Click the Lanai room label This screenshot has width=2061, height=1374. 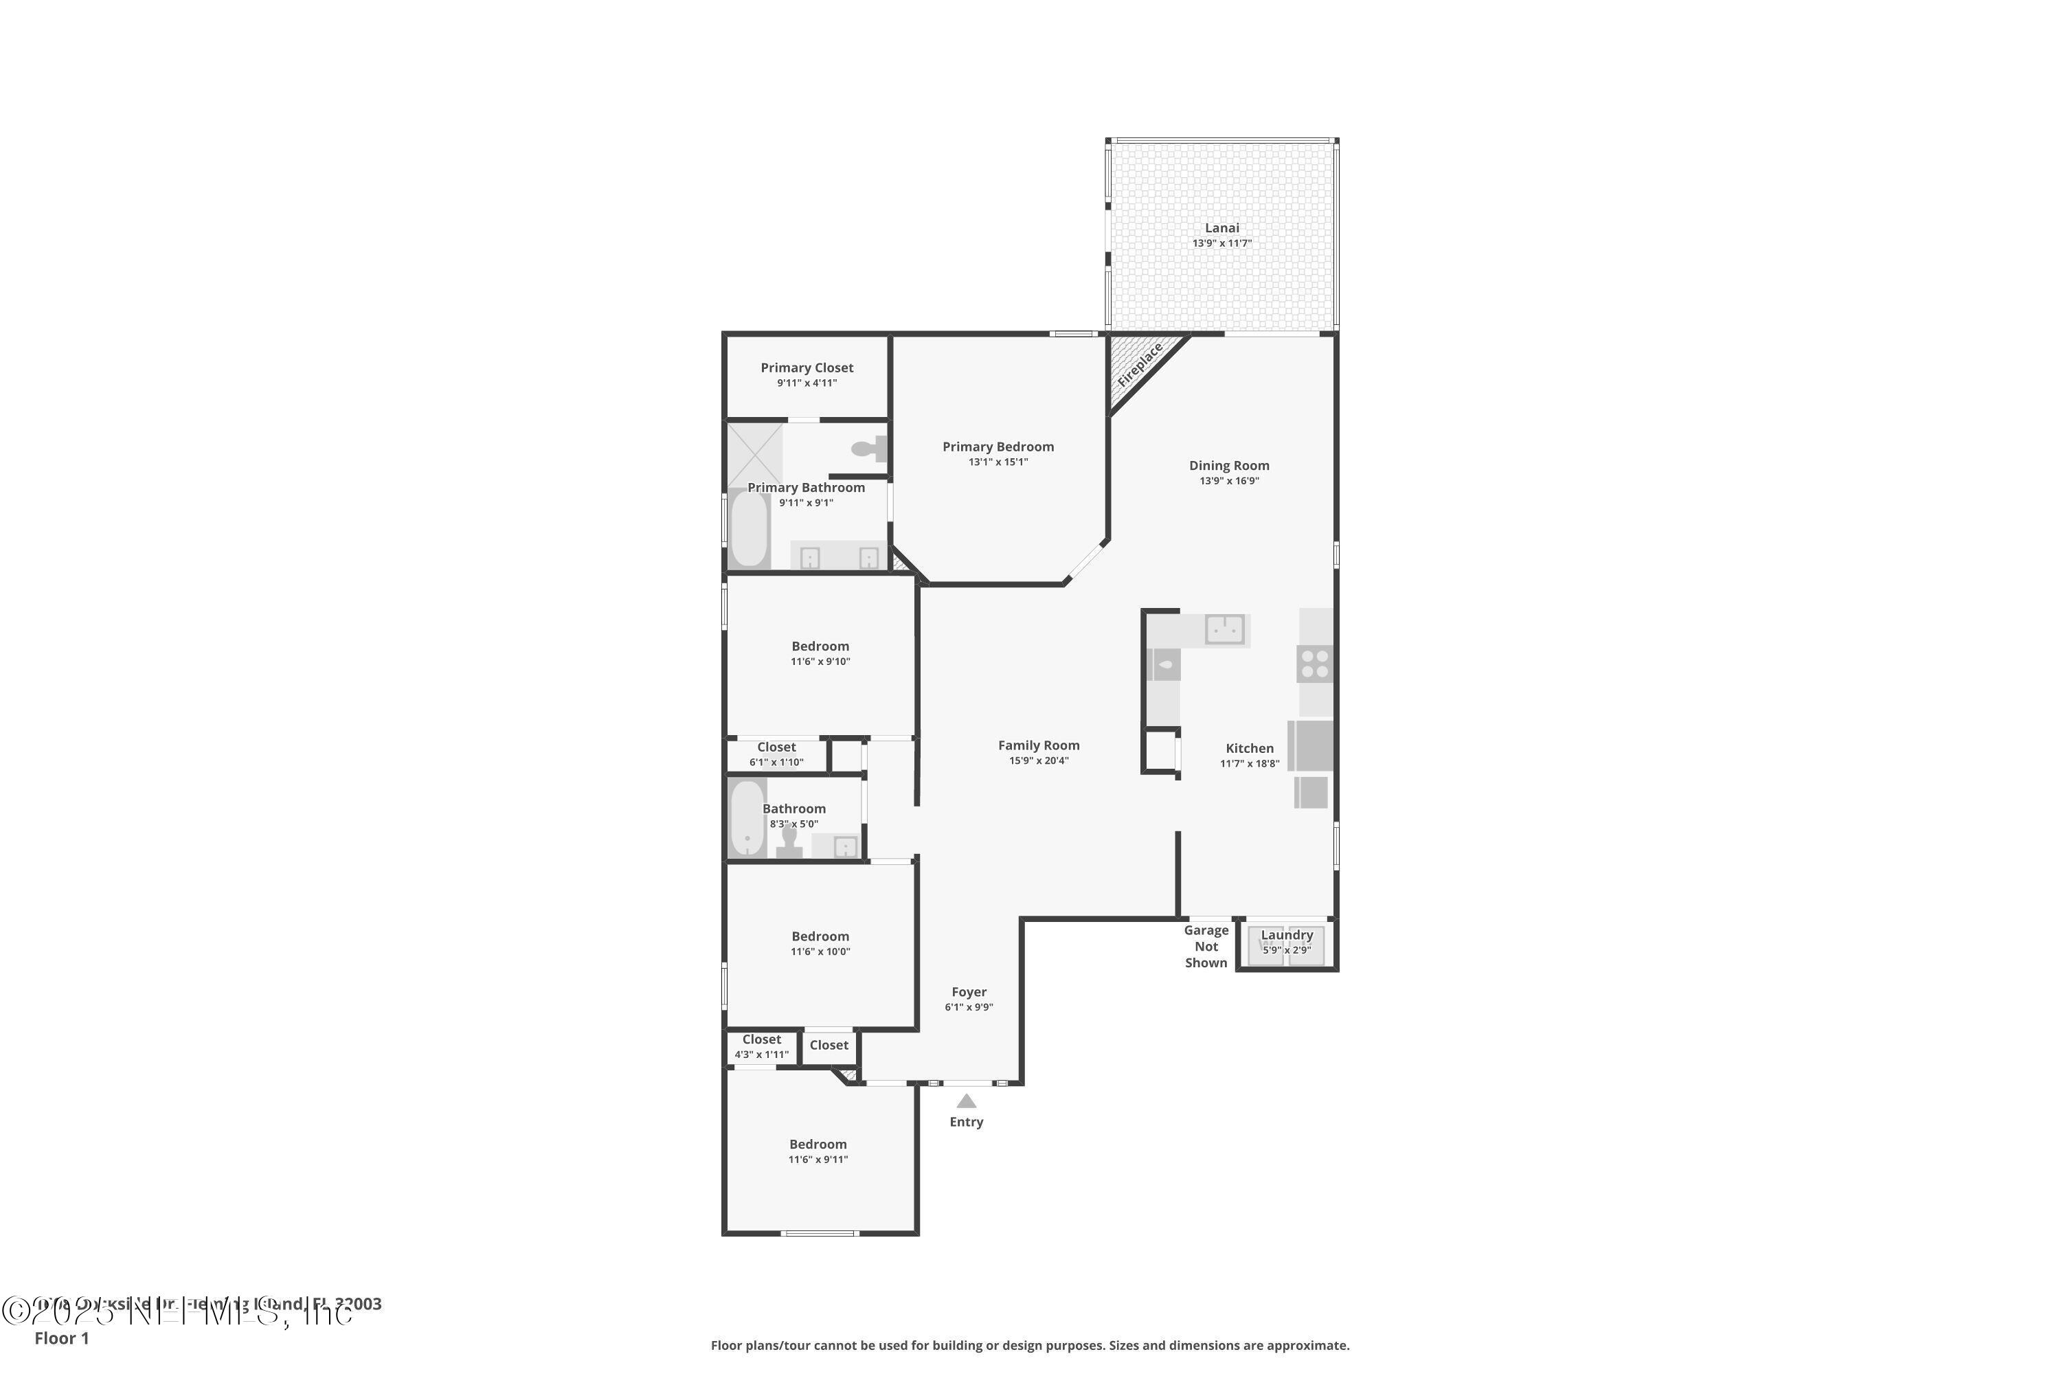click(x=1221, y=228)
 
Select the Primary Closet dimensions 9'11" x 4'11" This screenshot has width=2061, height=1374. click(x=806, y=383)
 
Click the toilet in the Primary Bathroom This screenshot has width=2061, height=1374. click(x=868, y=449)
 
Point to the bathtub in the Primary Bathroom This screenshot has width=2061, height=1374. click(x=750, y=529)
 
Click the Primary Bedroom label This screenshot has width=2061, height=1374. click(x=998, y=447)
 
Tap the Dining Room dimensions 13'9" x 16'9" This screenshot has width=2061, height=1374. click(x=1228, y=481)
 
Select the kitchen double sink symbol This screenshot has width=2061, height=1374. click(x=1224, y=629)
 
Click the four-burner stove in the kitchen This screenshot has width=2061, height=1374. click(x=1314, y=664)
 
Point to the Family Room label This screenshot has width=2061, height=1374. click(x=1038, y=745)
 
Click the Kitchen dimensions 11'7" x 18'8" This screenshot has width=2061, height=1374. click(x=1250, y=764)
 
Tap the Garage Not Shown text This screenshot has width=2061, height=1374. click(x=1206, y=947)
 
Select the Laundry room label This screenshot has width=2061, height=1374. click(x=1286, y=935)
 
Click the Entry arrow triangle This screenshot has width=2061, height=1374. click(x=966, y=1101)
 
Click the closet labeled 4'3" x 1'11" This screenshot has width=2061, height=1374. click(x=761, y=1047)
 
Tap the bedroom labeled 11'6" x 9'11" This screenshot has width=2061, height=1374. click(x=818, y=1151)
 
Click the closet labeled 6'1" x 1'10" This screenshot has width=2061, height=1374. click(x=776, y=754)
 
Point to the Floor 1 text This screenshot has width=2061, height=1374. click(x=61, y=1338)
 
